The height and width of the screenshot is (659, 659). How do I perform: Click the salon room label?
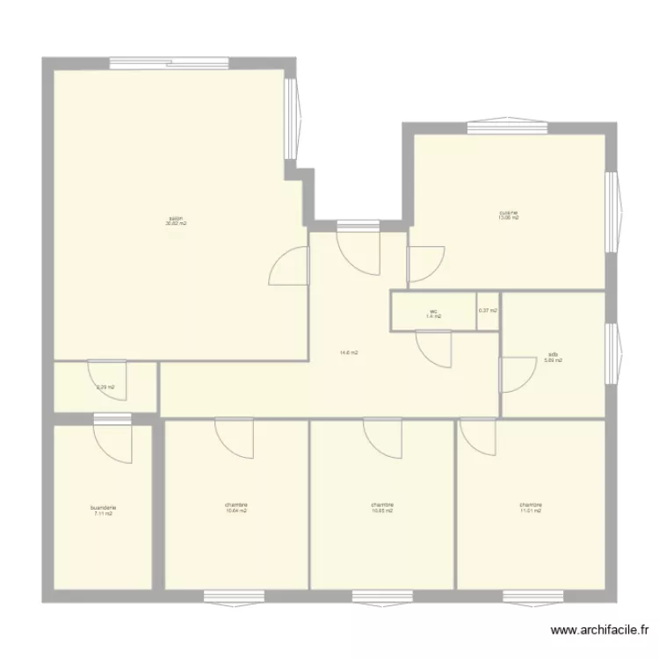pos(176,221)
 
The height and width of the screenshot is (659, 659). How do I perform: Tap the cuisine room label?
pos(509,214)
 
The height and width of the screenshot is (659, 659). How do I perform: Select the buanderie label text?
pos(104,510)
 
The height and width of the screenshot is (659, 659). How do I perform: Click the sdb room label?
pos(553,358)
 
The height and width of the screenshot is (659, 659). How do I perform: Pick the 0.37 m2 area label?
pos(488,310)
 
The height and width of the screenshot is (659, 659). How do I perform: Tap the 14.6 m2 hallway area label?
pos(349,353)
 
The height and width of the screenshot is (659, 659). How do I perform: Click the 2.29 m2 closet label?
pos(105,387)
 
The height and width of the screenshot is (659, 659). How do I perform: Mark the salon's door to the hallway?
pos(290,266)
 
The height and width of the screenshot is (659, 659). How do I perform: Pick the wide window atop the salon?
pos(169,63)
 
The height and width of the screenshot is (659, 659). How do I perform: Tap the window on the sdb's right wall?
pos(611,348)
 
